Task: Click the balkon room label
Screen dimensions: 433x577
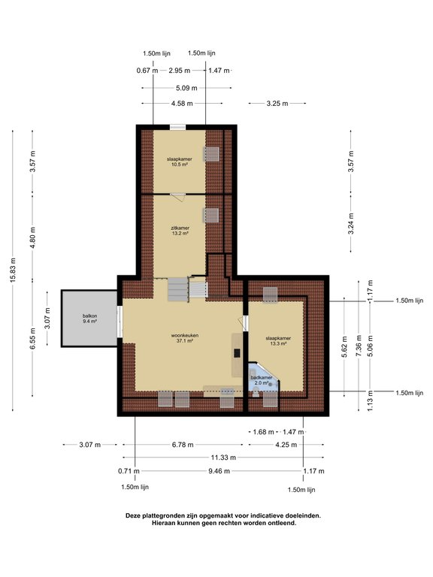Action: pyautogui.click(x=90, y=319)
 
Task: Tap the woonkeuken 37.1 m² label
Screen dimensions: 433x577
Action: pyautogui.click(x=185, y=338)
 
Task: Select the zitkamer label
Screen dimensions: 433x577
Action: pyautogui.click(x=180, y=231)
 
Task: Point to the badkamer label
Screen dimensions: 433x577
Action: pyautogui.click(x=262, y=380)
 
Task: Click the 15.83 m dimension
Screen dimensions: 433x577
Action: pyautogui.click(x=14, y=270)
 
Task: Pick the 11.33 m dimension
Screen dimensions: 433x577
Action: pyautogui.click(x=223, y=458)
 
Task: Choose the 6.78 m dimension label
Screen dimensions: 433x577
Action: pyautogui.click(x=183, y=445)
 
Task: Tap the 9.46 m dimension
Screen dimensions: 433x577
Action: pyautogui.click(x=219, y=470)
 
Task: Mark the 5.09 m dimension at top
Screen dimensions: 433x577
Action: pyautogui.click(x=186, y=88)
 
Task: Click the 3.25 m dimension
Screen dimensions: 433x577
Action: pyautogui.click(x=277, y=104)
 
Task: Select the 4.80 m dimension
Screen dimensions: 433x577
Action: pyautogui.click(x=33, y=237)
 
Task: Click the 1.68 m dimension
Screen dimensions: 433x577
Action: pyautogui.click(x=263, y=432)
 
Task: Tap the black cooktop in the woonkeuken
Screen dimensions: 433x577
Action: pyautogui.click(x=237, y=353)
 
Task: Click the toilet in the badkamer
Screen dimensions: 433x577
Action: pyautogui.click(x=256, y=392)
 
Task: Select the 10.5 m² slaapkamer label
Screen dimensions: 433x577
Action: pyautogui.click(x=180, y=162)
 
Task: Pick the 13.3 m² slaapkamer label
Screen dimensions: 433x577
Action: pyautogui.click(x=278, y=341)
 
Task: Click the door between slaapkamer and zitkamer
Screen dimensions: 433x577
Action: pyautogui.click(x=178, y=197)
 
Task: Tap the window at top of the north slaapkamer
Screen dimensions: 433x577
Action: pyautogui.click(x=177, y=127)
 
